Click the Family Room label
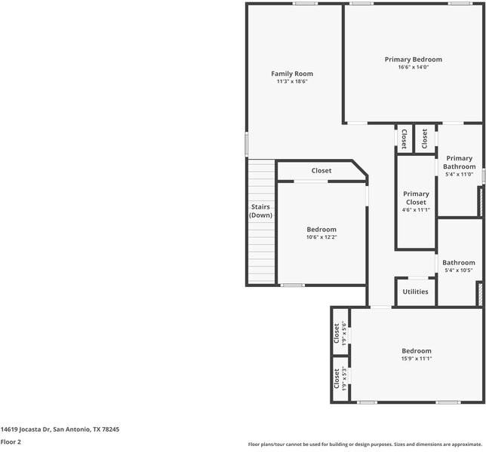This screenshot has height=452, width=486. pos(292,74)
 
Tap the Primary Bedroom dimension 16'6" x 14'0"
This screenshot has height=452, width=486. pos(413,67)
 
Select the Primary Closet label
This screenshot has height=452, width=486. pos(416,198)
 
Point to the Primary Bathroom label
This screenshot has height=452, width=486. pos(459,163)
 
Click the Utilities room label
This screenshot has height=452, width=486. pos(415,292)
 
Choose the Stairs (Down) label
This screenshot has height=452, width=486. pos(261,211)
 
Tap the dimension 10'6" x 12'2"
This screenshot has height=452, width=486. pos(321,237)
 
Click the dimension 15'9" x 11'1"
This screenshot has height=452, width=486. pos(416,359)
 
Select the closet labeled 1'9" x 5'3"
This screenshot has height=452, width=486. pos(340,378)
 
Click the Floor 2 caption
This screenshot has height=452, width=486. pos(11,442)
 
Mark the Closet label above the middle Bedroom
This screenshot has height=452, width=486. pos(321,171)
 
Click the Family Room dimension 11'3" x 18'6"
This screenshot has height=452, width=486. pos(292,81)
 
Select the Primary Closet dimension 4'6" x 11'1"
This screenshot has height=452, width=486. pos(416,209)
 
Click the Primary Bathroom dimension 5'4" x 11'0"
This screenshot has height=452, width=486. pos(459,175)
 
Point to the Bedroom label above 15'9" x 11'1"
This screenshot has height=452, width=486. pos(416,351)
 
